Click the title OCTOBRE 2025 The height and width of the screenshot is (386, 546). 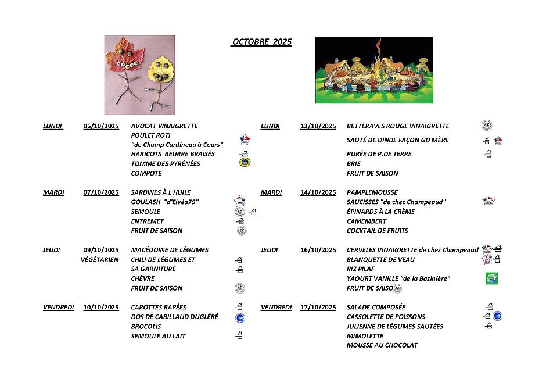coord(261,42)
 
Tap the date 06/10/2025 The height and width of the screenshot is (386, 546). coord(101,126)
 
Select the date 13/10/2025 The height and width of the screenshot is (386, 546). coord(318,126)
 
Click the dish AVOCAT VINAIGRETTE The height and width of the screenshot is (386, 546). coord(164,126)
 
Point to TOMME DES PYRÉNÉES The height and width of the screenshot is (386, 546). coord(166,164)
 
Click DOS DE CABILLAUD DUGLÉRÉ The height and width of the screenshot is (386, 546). coord(175,317)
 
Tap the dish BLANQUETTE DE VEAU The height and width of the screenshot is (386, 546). coord(380,260)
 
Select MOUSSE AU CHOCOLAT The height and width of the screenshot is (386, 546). coord(382,345)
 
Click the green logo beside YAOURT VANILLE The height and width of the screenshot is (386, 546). coord(492,278)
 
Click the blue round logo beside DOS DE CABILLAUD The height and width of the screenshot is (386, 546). coord(239,317)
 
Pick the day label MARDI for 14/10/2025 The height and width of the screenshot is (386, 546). coord(271,192)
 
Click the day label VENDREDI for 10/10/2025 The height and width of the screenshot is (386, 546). coord(58,308)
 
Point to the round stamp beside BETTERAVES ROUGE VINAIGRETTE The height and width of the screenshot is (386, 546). coord(487,126)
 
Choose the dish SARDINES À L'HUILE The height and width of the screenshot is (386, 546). coord(161,192)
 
